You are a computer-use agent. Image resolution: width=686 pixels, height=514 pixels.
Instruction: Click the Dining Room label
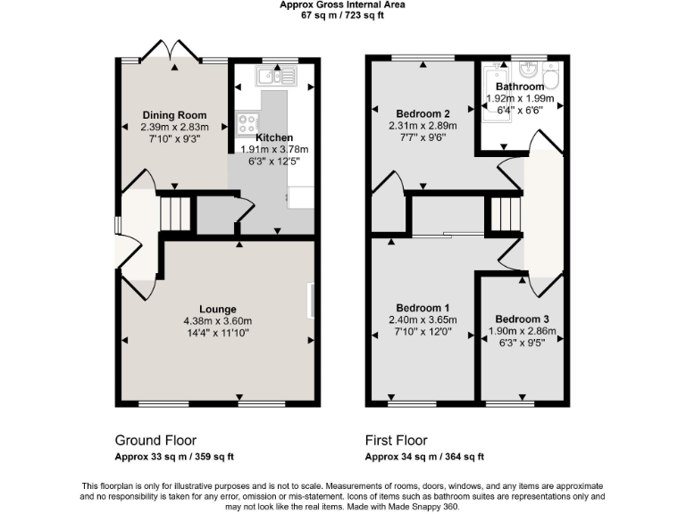click(x=174, y=115)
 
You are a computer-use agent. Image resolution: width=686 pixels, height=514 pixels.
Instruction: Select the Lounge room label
click(x=218, y=309)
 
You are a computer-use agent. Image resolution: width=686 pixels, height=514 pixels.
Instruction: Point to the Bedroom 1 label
click(x=422, y=308)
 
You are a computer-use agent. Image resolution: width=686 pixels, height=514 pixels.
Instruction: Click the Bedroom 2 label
click(x=422, y=113)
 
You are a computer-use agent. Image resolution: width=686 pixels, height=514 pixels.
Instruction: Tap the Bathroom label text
click(x=520, y=87)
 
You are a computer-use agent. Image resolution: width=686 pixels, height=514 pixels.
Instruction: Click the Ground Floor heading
click(x=155, y=441)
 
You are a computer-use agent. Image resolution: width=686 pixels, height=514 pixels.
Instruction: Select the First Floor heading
click(x=396, y=441)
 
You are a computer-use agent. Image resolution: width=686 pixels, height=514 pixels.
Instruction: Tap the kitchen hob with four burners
click(x=247, y=124)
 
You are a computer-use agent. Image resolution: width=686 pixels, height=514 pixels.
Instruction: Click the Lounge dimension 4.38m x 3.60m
click(x=218, y=321)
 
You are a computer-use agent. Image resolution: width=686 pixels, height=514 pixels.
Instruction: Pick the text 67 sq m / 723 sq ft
click(x=342, y=15)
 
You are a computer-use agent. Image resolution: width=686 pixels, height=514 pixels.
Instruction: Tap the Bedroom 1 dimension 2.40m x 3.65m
click(x=422, y=320)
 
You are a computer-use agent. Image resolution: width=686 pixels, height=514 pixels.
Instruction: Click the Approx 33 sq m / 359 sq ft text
click(x=174, y=457)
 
